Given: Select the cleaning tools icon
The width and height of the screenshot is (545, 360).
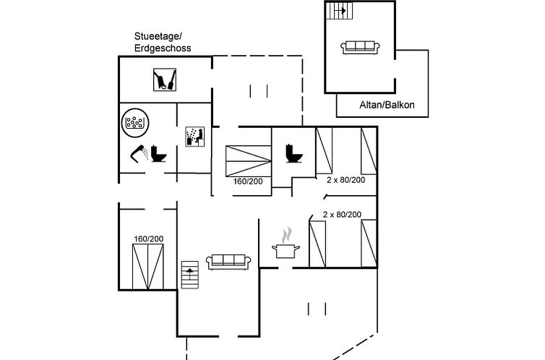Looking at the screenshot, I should pyautogui.click(x=166, y=79).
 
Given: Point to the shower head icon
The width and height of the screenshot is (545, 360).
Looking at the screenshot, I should pyautogui.click(x=140, y=153).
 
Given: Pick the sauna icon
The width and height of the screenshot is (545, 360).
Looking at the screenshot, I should pyautogui.click(x=195, y=137).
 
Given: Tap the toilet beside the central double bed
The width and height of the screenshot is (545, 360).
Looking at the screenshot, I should pyautogui.click(x=293, y=153).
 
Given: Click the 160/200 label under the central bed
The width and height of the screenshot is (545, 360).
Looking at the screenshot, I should pyautogui.click(x=247, y=181).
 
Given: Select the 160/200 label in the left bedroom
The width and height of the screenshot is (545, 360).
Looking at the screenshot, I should pyautogui.click(x=147, y=239).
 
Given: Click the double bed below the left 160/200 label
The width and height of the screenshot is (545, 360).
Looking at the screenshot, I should pyautogui.click(x=147, y=265).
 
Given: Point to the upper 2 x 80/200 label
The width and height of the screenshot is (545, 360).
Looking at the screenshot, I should pyautogui.click(x=345, y=179).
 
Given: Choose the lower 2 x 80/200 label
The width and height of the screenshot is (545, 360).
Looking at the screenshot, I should pyautogui.click(x=342, y=215).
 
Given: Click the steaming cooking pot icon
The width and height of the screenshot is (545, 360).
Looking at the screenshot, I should pyautogui.click(x=286, y=244).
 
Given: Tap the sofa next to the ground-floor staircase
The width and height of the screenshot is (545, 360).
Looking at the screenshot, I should pyautogui.click(x=228, y=261).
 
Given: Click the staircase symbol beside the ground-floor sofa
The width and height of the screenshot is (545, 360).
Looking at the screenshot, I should pyautogui.click(x=189, y=274).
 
